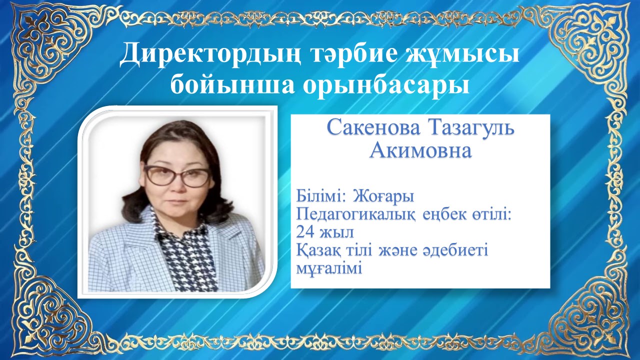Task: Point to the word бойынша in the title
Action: pyautogui.click(x=232, y=85)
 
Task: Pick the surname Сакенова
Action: pyautogui.click(x=374, y=128)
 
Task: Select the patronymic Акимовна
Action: pyautogui.click(x=420, y=150)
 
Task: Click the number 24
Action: pyautogui.click(x=305, y=232)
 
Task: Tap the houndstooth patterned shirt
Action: pyautogui.click(x=185, y=254)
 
